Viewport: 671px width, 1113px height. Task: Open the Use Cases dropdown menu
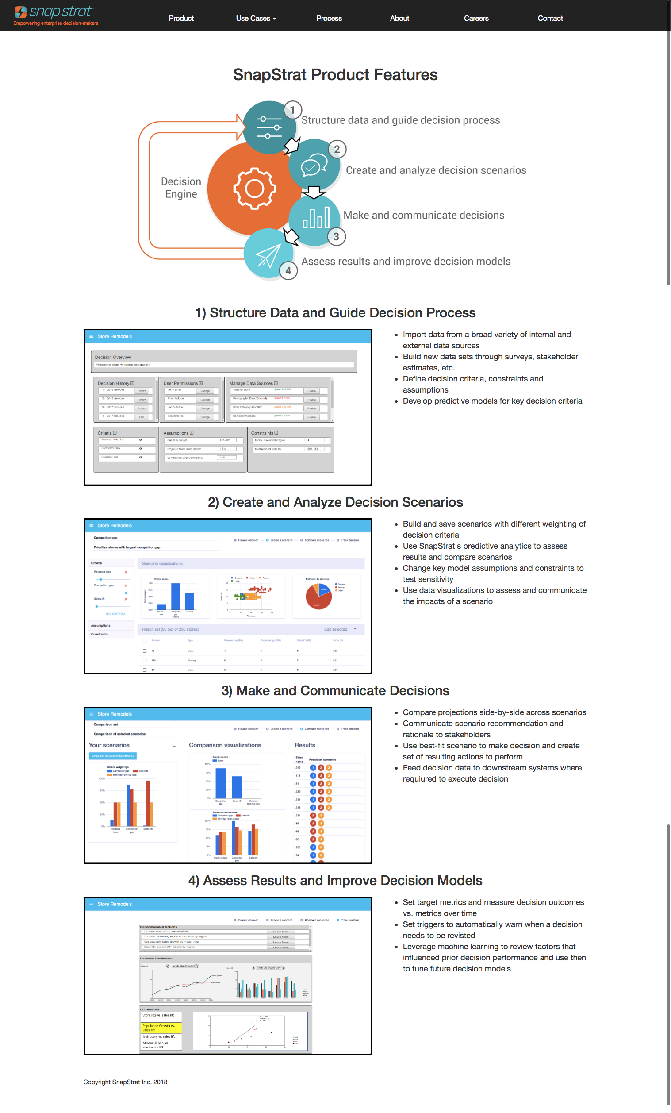click(x=256, y=19)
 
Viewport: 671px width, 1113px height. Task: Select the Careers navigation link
click(x=476, y=19)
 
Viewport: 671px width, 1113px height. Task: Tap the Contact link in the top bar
click(x=549, y=19)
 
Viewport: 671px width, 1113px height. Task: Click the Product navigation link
click(x=181, y=19)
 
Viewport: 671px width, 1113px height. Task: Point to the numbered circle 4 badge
click(x=288, y=270)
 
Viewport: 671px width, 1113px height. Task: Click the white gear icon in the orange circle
click(x=254, y=189)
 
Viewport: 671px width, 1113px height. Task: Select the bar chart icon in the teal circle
click(x=316, y=217)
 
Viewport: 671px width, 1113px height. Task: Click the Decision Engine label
click(x=181, y=188)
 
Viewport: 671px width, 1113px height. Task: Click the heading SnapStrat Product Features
click(x=335, y=74)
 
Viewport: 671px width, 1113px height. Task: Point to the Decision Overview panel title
click(x=113, y=357)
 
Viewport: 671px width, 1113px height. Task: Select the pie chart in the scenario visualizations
click(x=319, y=596)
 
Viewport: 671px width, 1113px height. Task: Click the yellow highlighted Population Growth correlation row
click(x=161, y=1028)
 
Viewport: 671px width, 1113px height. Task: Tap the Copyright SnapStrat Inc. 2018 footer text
click(x=125, y=1082)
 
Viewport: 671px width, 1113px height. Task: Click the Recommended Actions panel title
click(x=158, y=926)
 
